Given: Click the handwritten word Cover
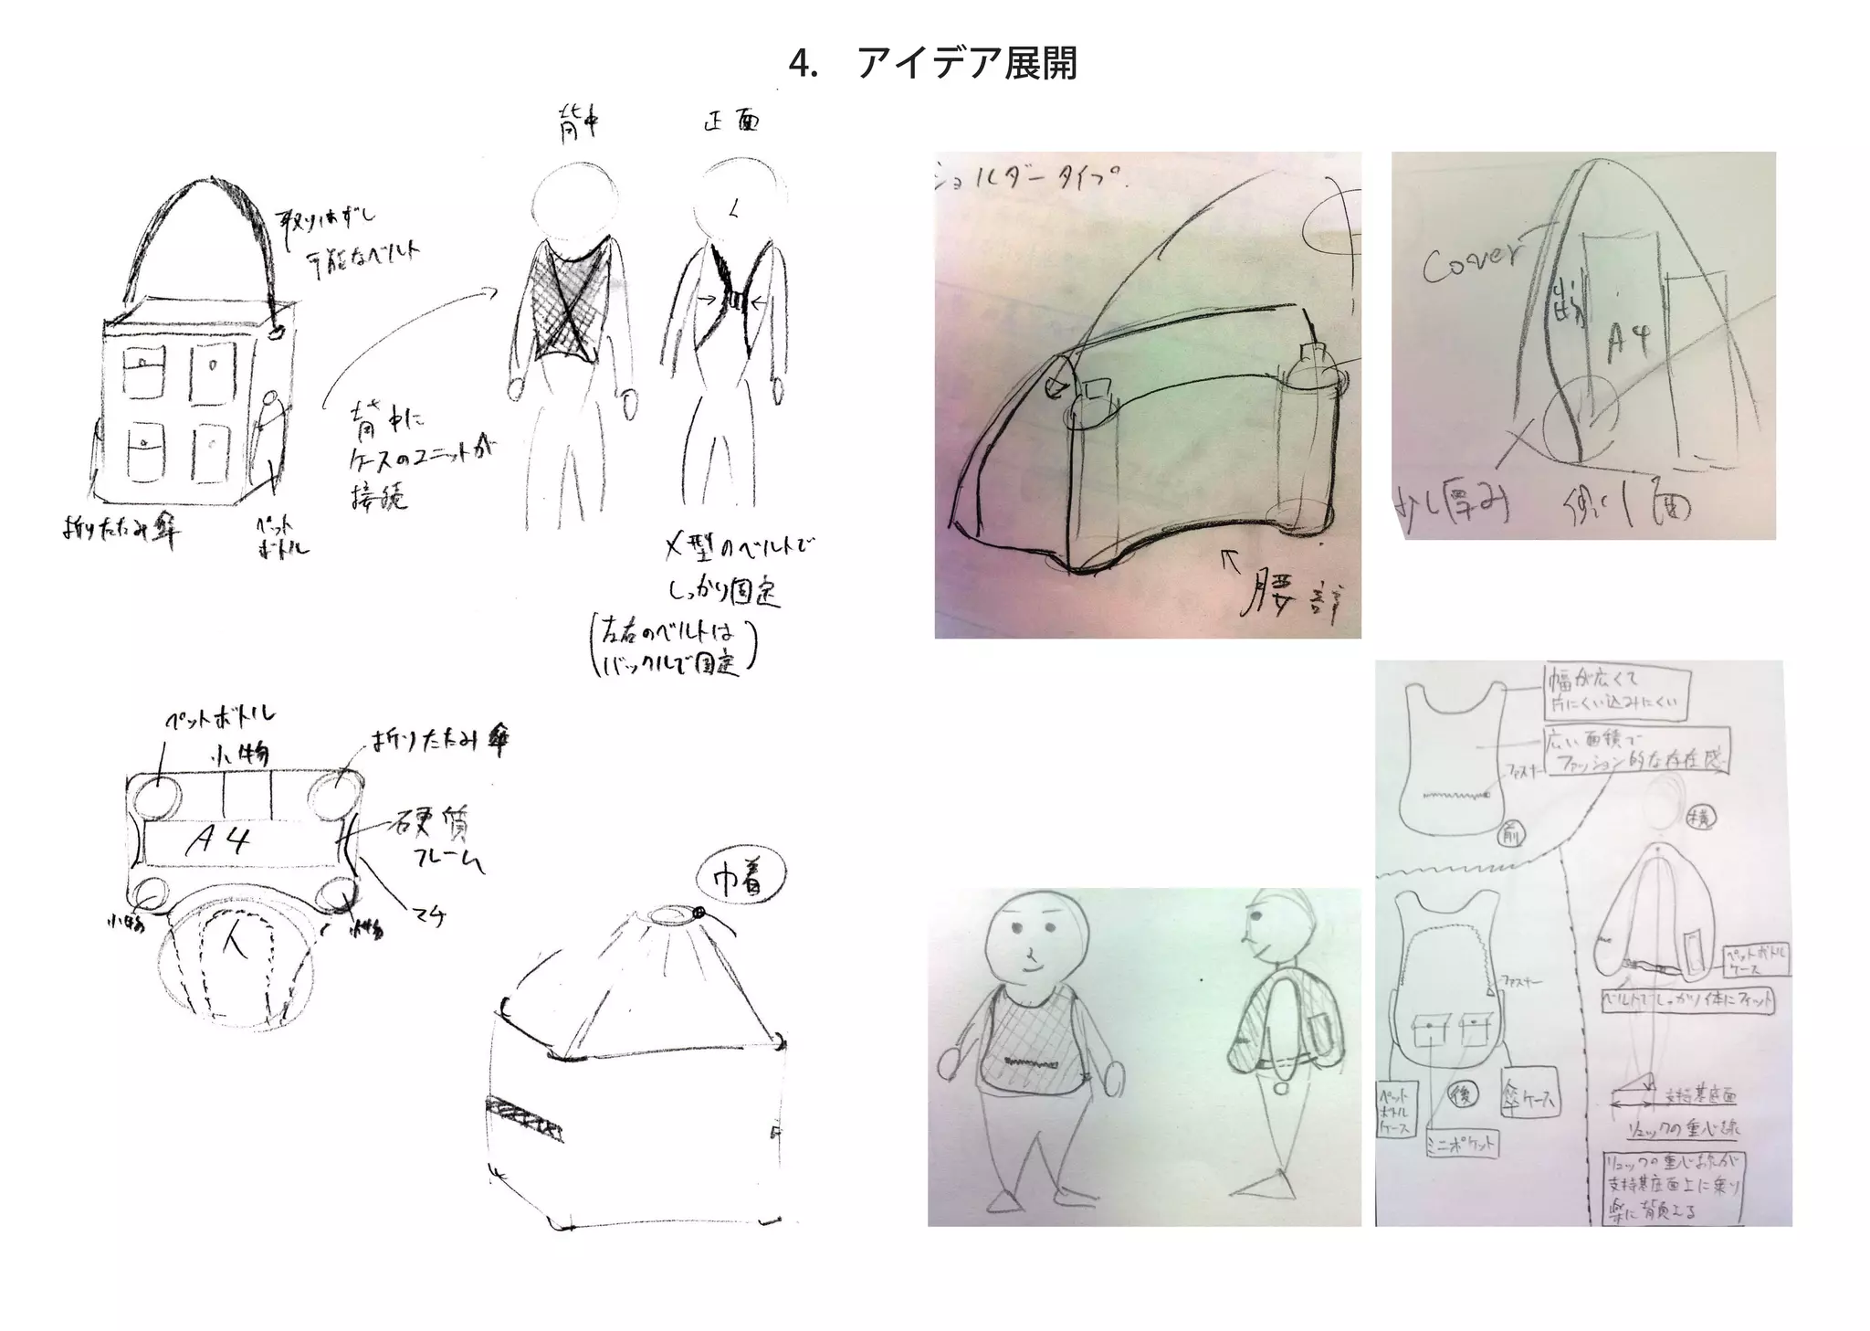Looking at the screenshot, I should pos(1473,258).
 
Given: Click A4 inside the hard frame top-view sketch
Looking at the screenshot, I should pos(217,840).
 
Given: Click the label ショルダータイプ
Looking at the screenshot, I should pos(1032,179).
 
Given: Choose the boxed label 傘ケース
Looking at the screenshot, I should pos(1529,1096).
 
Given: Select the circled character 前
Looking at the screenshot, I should pos(1508,833).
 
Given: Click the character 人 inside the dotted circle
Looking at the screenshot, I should pos(235,944).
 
